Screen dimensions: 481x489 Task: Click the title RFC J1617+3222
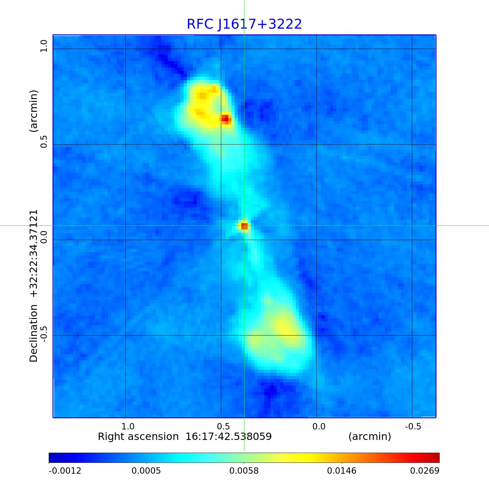point(244,24)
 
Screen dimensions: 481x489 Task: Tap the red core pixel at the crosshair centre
point(244,226)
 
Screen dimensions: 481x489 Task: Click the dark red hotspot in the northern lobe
point(226,119)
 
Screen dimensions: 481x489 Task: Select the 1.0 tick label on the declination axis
point(44,46)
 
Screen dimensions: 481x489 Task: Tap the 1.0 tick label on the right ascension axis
point(128,426)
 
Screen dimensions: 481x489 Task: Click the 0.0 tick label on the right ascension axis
point(319,426)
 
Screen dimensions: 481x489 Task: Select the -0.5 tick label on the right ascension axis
point(413,426)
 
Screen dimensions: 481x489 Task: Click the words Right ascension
point(138,436)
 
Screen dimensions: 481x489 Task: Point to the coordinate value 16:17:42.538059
point(229,436)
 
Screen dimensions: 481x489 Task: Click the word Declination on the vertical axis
point(34,333)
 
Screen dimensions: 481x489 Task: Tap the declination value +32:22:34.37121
point(34,253)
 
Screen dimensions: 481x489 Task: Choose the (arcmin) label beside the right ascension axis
point(370,436)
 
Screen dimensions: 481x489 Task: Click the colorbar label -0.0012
point(65,471)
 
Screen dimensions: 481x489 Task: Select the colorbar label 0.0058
point(244,471)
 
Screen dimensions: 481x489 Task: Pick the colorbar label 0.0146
point(342,471)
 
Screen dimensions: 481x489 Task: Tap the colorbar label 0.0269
point(425,471)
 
